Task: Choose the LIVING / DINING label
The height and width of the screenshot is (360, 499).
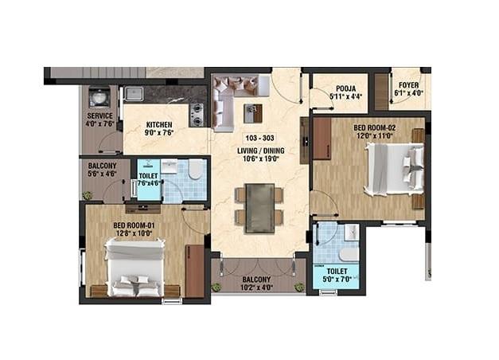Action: tap(259, 150)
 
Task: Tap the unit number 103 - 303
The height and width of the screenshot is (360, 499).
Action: tap(259, 139)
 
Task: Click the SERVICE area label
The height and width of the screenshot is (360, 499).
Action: tap(99, 116)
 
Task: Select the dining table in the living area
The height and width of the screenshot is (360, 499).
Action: tap(259, 206)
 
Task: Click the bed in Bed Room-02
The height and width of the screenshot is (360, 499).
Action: tap(395, 169)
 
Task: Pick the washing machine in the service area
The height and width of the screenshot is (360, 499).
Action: tap(99, 97)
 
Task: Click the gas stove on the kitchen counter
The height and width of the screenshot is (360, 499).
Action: tap(197, 115)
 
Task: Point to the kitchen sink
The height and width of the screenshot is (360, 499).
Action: tap(134, 94)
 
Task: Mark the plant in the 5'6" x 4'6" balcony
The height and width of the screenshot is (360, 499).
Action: tap(87, 196)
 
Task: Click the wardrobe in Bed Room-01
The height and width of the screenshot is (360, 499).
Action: tap(194, 271)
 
